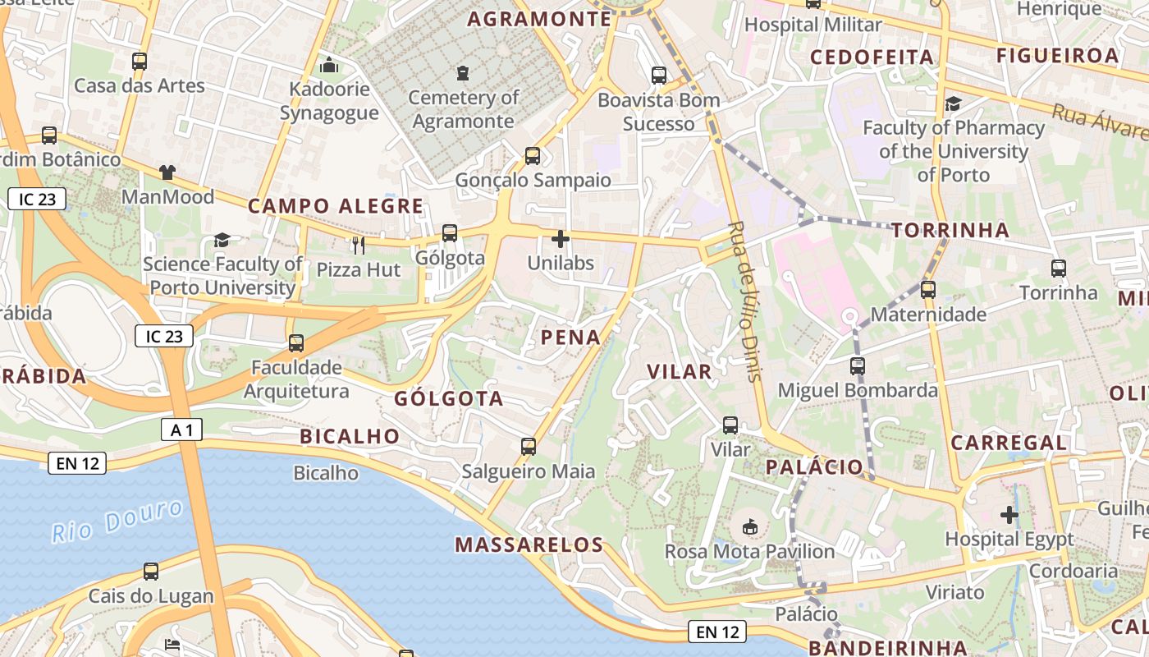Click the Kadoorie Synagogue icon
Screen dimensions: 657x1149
(x=329, y=64)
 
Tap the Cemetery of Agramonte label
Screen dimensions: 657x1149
(x=464, y=109)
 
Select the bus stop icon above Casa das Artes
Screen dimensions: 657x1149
(x=140, y=61)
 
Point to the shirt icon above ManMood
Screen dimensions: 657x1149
(x=167, y=172)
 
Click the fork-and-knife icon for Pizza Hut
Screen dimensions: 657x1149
(x=358, y=245)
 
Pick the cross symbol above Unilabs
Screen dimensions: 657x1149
(x=561, y=240)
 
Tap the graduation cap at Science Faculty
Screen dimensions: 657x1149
(x=222, y=240)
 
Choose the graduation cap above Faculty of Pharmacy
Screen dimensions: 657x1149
(x=953, y=103)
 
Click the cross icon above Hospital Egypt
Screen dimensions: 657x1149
(x=1009, y=515)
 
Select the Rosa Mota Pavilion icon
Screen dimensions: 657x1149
(x=749, y=526)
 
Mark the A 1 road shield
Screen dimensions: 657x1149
(x=181, y=429)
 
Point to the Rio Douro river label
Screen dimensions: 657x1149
(x=117, y=520)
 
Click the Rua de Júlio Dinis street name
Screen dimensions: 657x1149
(x=745, y=301)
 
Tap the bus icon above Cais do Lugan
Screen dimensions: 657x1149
(x=151, y=572)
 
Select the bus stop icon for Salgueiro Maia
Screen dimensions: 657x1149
(x=529, y=447)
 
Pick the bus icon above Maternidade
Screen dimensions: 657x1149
(x=928, y=290)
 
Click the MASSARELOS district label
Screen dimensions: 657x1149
(x=529, y=544)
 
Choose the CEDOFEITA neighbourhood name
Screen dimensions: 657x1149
(x=872, y=57)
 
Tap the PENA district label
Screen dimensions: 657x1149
(x=570, y=338)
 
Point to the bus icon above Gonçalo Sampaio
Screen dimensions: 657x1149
(x=533, y=155)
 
